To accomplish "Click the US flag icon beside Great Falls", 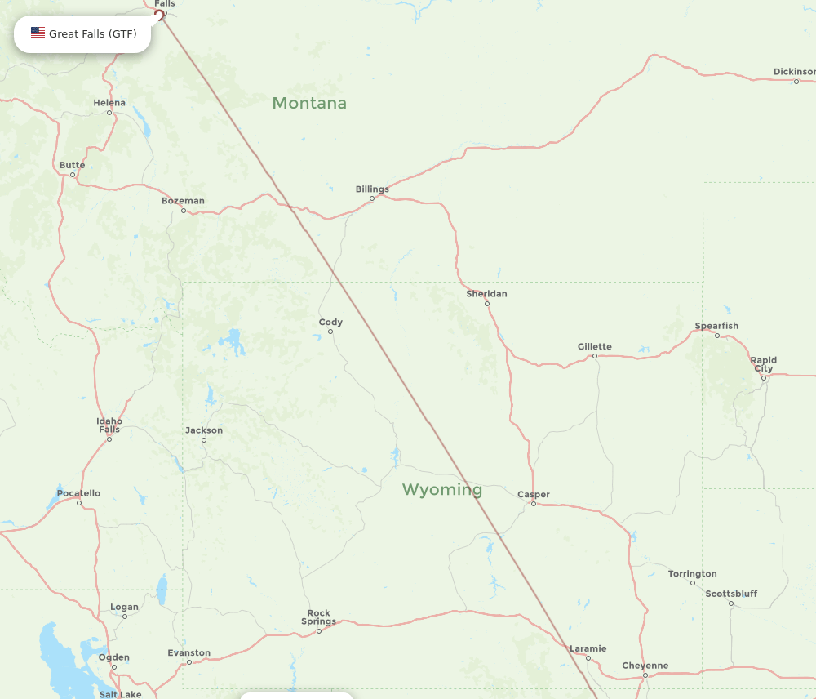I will pos(38,33).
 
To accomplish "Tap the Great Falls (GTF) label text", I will pos(93,33).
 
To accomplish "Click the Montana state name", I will pos(309,103).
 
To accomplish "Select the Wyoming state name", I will pos(441,490).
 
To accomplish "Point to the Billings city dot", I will pos(372,198).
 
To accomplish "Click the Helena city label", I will pos(109,103).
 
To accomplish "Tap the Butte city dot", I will pos(73,175).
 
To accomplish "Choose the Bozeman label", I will pos(183,201).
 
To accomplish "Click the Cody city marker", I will pos(330,332).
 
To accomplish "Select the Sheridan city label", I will pos(486,294).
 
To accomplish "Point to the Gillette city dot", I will pos(595,356).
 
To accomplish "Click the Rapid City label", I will pos(764,364).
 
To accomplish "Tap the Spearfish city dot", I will pos(717,336).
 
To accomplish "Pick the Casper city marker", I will pos(534,504).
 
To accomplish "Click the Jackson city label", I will pos(204,430).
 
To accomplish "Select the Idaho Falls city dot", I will pos(109,439).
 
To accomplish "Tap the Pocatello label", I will pos(78,493).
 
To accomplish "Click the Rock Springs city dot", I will pos(319,631).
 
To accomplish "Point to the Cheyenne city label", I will pos(645,666).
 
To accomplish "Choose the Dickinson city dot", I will pos(796,82).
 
